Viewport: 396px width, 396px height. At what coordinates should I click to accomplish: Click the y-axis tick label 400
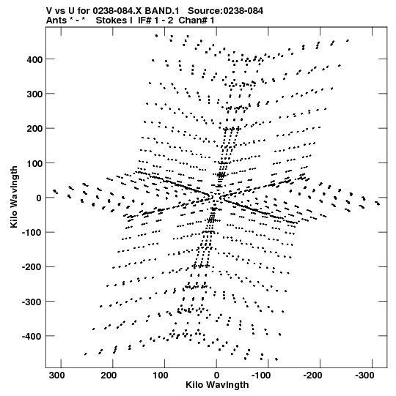pyautogui.click(x=34, y=59)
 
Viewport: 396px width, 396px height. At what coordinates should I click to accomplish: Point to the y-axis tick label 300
pyautogui.click(x=34, y=94)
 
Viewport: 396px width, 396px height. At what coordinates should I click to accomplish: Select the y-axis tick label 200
pyautogui.click(x=34, y=129)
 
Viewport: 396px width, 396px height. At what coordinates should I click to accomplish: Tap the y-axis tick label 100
pyautogui.click(x=34, y=163)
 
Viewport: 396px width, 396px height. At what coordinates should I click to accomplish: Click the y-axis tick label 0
pyautogui.click(x=39, y=198)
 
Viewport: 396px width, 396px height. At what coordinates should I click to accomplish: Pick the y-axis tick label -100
pyautogui.click(x=32, y=233)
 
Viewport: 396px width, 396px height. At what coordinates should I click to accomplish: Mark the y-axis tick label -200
pyautogui.click(x=32, y=267)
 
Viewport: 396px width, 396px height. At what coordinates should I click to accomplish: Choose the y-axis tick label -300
pyautogui.click(x=32, y=302)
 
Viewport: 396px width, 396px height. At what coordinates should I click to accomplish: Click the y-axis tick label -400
pyautogui.click(x=32, y=337)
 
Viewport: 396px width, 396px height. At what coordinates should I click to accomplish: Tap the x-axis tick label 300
pyautogui.click(x=56, y=376)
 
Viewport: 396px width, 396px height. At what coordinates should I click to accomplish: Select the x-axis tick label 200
pyautogui.click(x=109, y=376)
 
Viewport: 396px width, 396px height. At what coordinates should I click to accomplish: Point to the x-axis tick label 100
pyautogui.click(x=161, y=376)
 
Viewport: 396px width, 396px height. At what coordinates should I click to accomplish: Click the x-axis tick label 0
pyautogui.click(x=216, y=376)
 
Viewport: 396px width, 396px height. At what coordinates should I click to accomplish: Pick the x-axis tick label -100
pyautogui.click(x=261, y=376)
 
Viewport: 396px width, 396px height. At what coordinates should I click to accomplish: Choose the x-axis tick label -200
pyautogui.click(x=312, y=376)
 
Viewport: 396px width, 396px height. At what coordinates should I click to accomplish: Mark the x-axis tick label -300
pyautogui.click(x=364, y=376)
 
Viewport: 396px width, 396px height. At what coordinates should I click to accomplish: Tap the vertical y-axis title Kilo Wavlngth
pyautogui.click(x=14, y=197)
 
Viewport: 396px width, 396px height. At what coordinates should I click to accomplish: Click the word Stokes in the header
pyautogui.click(x=114, y=20)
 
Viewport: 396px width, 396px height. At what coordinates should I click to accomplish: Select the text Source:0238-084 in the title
pyautogui.click(x=225, y=11)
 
